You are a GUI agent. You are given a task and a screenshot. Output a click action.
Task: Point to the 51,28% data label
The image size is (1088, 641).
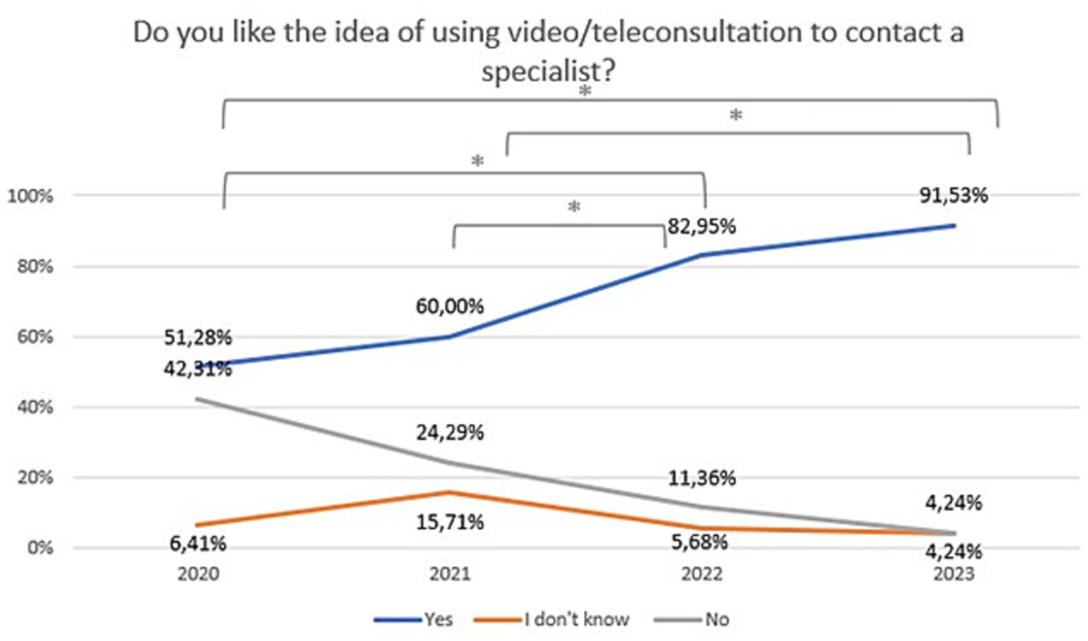(x=198, y=339)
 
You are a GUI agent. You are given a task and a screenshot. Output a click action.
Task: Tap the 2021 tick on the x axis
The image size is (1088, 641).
(x=453, y=574)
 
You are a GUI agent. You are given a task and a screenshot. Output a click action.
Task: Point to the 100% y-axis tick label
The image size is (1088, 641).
(x=28, y=197)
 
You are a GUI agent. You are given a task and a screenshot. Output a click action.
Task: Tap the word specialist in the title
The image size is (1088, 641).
(x=546, y=72)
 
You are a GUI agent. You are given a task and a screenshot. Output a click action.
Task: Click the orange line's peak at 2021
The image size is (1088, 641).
(x=453, y=492)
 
